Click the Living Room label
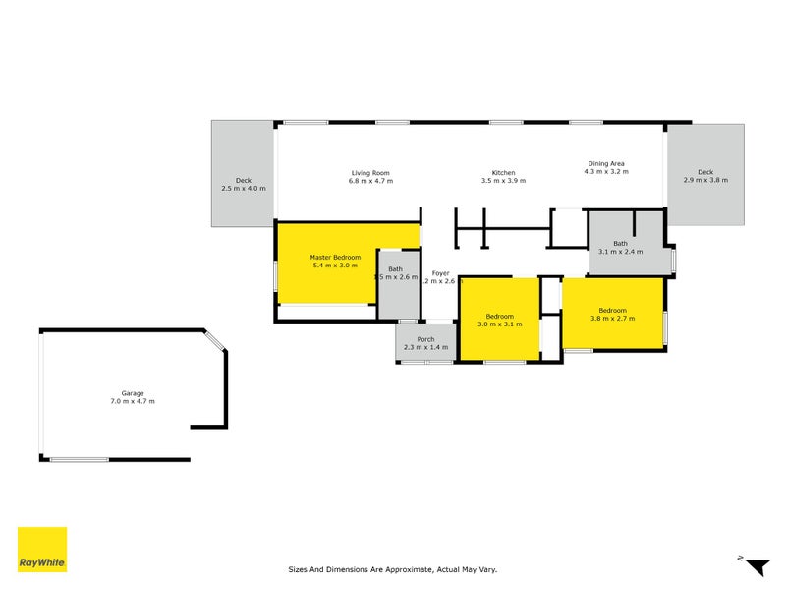[x=370, y=172]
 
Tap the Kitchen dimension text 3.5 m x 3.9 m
[x=498, y=182]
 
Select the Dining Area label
[x=606, y=163]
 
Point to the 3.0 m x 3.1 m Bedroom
[x=499, y=320]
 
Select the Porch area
[x=425, y=343]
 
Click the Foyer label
[x=439, y=272]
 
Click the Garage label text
[x=132, y=392]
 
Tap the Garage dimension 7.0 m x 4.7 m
[x=132, y=401]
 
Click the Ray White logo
[x=42, y=551]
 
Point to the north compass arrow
[x=757, y=567]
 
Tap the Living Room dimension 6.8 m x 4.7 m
[x=370, y=182]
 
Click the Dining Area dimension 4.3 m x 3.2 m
[x=606, y=172]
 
